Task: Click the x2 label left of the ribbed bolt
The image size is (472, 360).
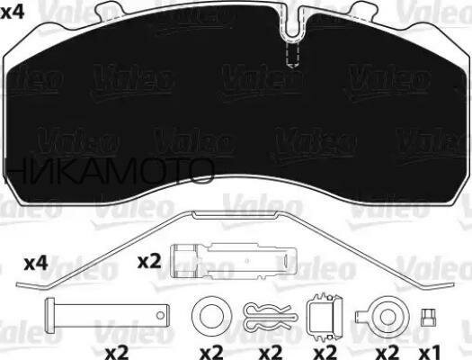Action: coord(147,263)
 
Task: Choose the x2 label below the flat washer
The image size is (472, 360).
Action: coord(211,349)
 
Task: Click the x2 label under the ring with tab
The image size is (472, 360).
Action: coord(387,349)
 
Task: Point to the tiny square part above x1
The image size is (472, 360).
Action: coord(428,316)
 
